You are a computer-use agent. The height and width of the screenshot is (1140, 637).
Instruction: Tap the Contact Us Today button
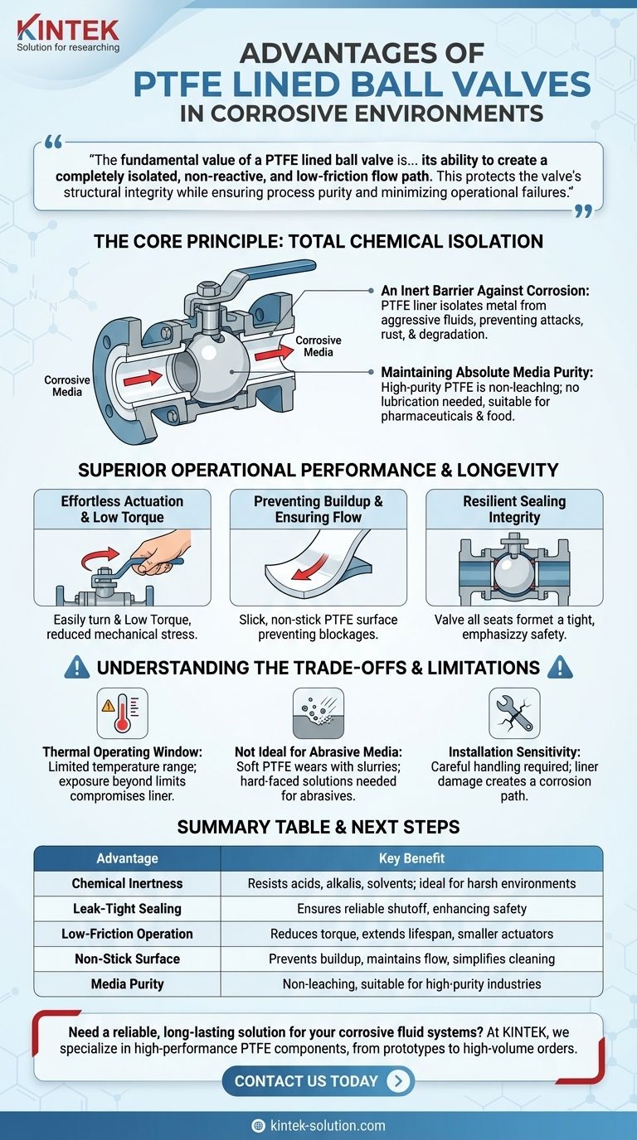(x=318, y=1080)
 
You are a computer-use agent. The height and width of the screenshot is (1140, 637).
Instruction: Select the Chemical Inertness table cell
(x=127, y=883)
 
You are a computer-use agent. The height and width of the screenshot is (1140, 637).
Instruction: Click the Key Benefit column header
(x=411, y=858)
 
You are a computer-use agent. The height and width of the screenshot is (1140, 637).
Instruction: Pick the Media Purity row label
(x=127, y=983)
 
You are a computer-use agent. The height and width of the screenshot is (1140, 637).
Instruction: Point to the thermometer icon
(x=122, y=713)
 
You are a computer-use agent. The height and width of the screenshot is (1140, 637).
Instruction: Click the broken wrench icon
(x=514, y=713)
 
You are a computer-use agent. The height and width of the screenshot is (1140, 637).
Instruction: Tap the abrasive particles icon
(x=318, y=713)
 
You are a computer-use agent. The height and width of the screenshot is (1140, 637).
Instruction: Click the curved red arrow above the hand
(x=100, y=558)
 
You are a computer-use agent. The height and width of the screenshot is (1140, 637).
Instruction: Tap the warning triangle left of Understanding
(x=77, y=667)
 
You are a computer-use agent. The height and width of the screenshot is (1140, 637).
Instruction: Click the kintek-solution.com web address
(x=328, y=1125)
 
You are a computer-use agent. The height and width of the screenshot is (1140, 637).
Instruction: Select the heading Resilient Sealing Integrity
(x=514, y=509)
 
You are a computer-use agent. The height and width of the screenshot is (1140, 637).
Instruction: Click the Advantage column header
(x=127, y=858)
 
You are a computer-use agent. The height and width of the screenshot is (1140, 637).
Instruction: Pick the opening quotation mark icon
(x=54, y=142)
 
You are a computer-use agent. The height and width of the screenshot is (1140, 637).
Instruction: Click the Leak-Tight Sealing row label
(x=127, y=908)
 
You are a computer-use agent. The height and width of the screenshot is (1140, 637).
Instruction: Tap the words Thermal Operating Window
(x=122, y=751)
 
